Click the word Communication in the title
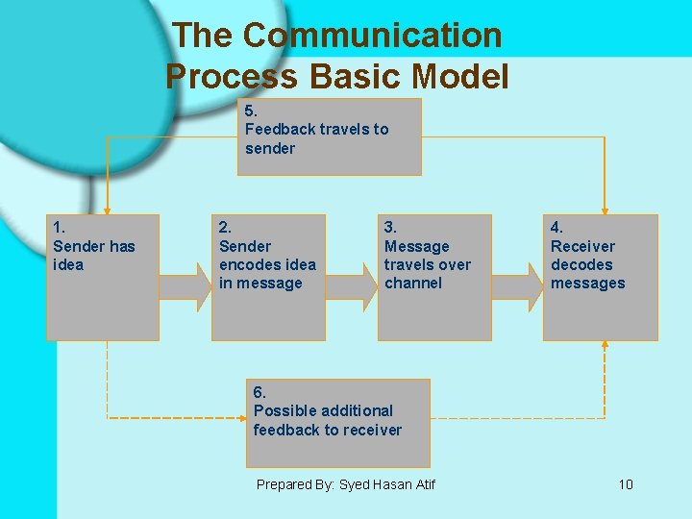point(372,36)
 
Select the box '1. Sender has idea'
point(103,277)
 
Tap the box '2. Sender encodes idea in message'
point(268,277)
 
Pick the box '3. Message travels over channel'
point(434,277)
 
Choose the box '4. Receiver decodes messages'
point(601,277)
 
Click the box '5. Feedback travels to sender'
point(330,136)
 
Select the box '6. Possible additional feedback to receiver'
point(336,423)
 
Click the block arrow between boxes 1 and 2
point(185,286)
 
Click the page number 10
point(626,484)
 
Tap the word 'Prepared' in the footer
point(284,484)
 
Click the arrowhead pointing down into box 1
point(107,208)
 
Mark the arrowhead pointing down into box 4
point(605,208)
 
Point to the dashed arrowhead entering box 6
point(241,418)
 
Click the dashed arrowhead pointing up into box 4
point(605,347)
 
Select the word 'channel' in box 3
point(413,284)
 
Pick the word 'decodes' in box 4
point(581,264)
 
